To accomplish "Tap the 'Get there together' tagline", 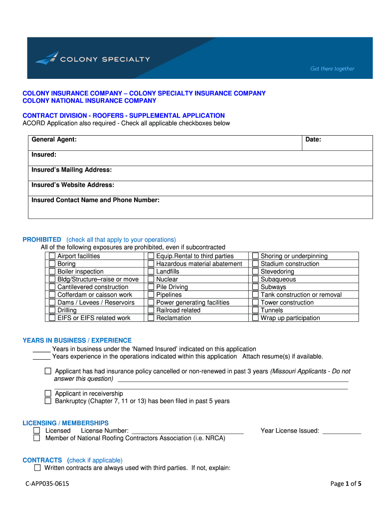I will click(332, 69).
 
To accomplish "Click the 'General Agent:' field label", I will click(54, 140).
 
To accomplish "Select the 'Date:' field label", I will click(313, 140).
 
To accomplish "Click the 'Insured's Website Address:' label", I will click(73, 185).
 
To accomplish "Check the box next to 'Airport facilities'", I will click(52, 256).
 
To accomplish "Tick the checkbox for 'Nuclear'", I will click(151, 279).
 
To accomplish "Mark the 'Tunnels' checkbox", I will click(255, 310).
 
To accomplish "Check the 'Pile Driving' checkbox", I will click(151, 287).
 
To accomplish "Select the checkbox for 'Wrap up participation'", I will click(255, 318).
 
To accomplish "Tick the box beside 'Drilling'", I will click(52, 310).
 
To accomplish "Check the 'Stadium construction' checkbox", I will click(255, 264).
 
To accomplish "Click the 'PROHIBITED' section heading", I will click(42, 240).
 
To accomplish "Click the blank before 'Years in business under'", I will click(41, 349).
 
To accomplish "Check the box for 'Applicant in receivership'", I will click(48, 393).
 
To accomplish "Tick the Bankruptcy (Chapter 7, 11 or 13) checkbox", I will click(48, 401).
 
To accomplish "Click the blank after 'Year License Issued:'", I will click(342, 431).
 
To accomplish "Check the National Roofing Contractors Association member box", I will click(37, 438).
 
